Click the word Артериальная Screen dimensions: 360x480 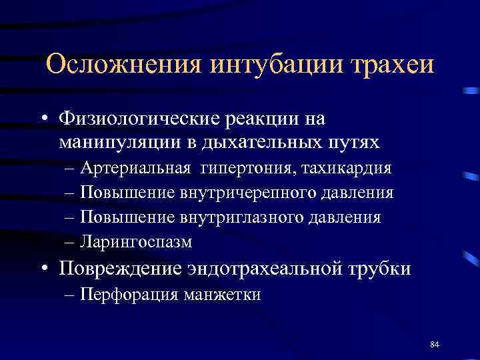[x=135, y=169]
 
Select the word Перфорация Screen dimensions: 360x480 [x=127, y=295]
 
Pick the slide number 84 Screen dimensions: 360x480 [x=435, y=344]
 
